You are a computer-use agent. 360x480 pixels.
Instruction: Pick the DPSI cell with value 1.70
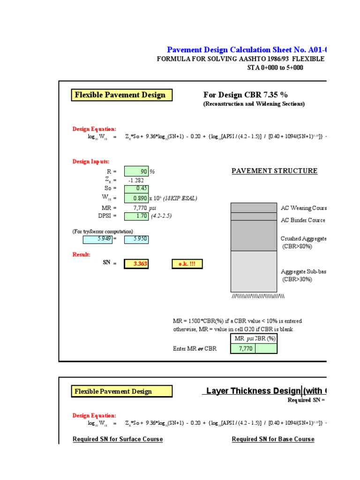(x=136, y=216)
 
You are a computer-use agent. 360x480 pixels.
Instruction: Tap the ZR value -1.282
(x=136, y=180)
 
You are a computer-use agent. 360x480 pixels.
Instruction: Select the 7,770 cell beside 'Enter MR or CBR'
(x=243, y=349)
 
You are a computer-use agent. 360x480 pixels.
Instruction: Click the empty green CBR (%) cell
(x=266, y=349)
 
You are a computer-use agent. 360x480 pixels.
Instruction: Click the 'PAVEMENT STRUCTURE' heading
(x=274, y=171)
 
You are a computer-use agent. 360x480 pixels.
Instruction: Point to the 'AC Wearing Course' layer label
(x=303, y=208)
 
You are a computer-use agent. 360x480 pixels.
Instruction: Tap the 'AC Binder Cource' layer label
(x=303, y=220)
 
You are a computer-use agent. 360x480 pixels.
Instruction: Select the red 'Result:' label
(x=81, y=254)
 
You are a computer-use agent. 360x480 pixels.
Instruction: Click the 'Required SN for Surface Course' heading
(x=118, y=439)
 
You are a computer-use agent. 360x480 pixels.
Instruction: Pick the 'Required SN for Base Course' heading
(x=273, y=439)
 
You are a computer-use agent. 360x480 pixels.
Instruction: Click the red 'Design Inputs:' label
(x=91, y=162)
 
